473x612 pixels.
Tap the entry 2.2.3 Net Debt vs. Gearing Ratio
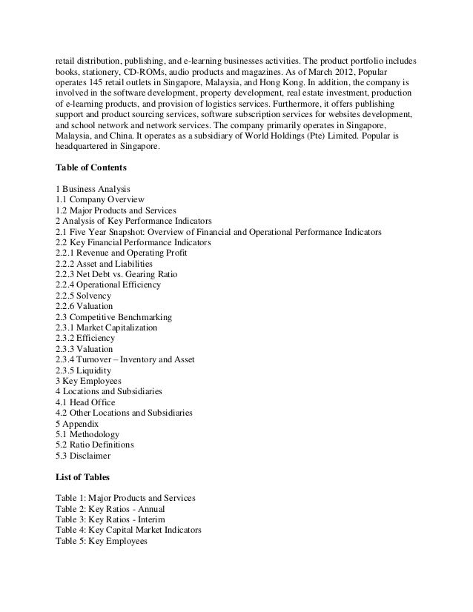[116, 274]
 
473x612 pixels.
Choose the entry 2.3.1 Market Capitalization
[107, 327]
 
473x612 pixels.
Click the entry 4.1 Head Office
[85, 402]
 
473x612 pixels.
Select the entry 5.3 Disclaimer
[84, 455]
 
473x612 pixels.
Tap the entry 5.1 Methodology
[87, 433]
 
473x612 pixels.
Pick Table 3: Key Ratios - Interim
[109, 519]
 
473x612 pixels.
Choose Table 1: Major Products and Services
[125, 498]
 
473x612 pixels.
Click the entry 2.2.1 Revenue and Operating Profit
[122, 253]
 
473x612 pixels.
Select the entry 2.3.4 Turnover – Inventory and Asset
[125, 359]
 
